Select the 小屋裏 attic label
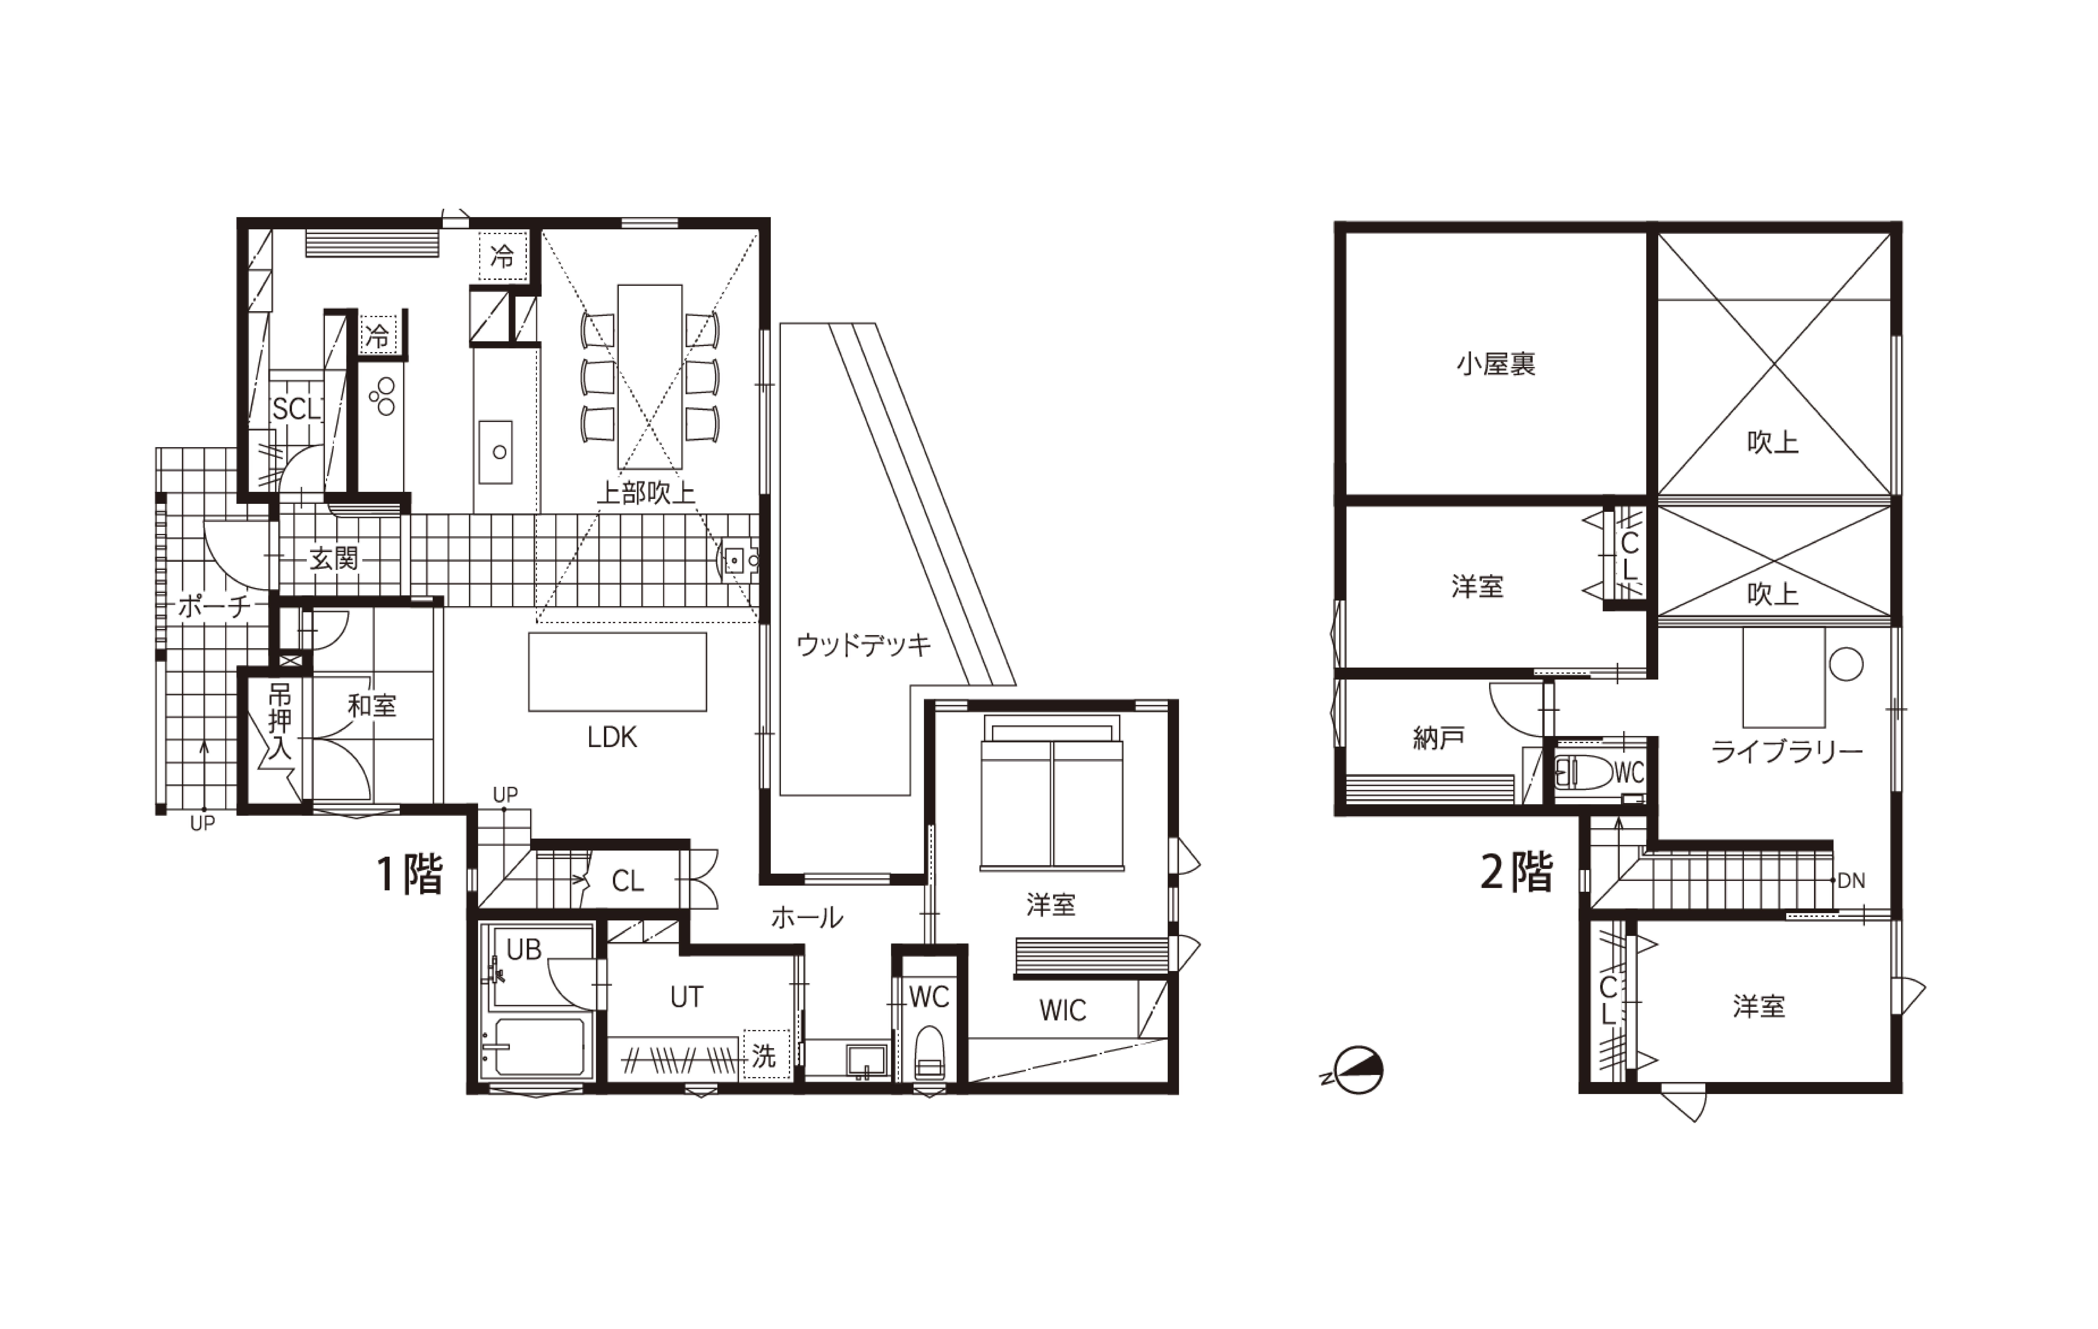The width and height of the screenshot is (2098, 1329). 1496,364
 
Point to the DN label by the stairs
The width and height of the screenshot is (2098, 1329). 1851,880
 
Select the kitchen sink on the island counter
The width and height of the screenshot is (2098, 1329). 496,452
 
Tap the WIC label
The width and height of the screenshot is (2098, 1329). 1063,1010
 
